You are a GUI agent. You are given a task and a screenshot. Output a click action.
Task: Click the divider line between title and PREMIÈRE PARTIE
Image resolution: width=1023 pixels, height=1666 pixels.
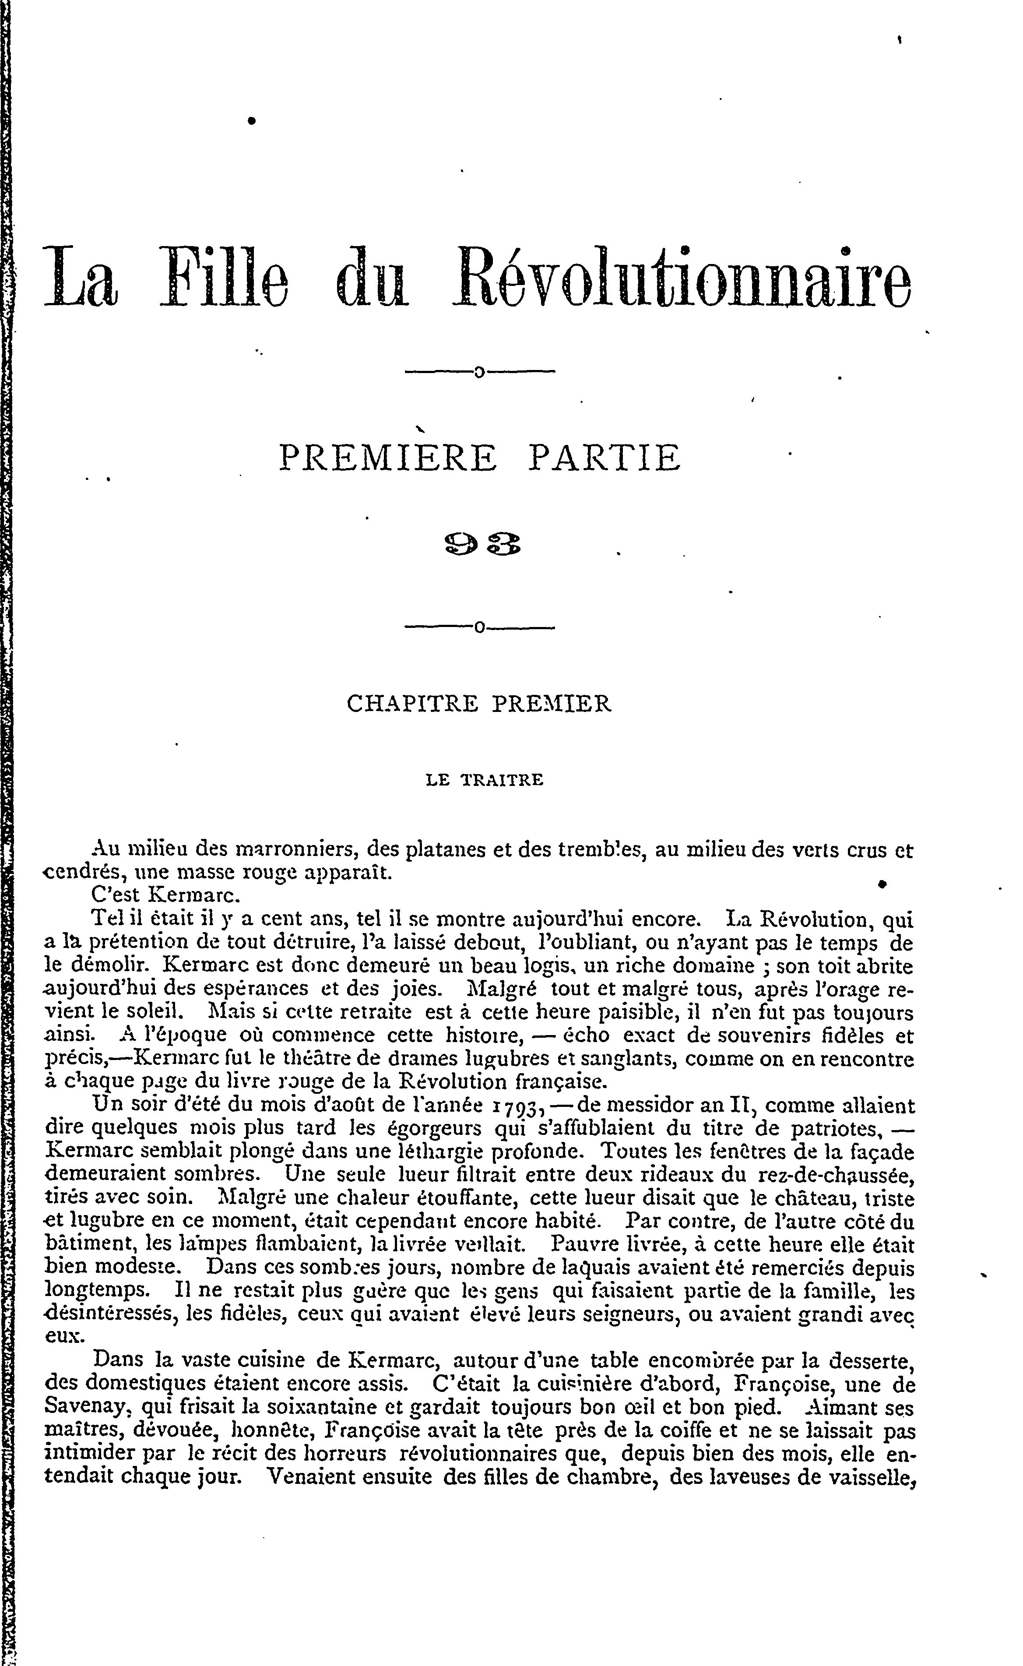click(479, 371)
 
